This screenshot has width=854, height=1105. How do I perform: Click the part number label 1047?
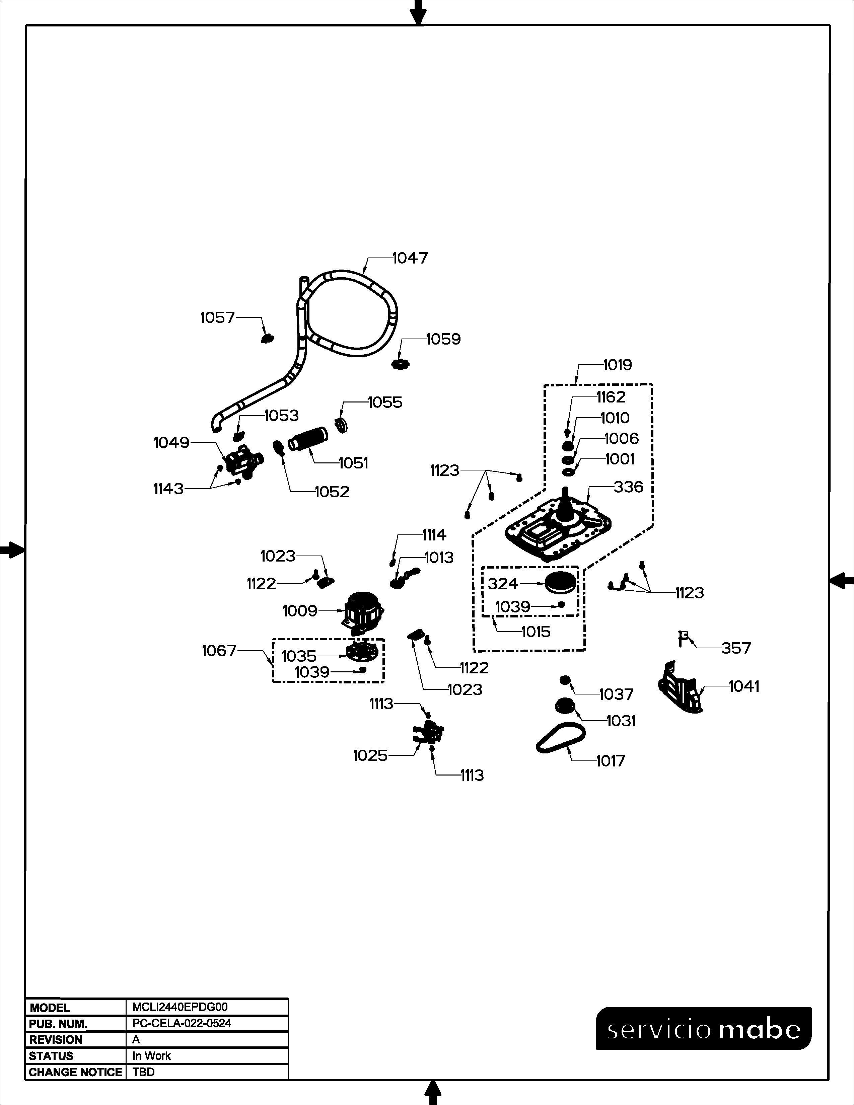(410, 258)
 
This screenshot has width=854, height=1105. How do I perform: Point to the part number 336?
(628, 487)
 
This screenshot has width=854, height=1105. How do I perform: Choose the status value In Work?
(151, 1055)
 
